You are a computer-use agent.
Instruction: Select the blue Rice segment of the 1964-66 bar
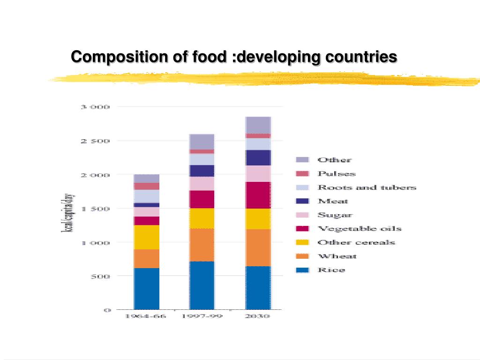(147, 288)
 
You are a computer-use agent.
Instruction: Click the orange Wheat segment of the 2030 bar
(258, 247)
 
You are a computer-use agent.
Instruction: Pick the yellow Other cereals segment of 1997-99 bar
(202, 218)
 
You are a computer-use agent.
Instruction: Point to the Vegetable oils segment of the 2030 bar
(258, 195)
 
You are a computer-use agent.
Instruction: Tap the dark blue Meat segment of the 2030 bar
(258, 158)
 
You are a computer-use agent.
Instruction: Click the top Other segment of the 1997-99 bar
(202, 142)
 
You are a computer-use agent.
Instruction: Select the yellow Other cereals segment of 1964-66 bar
(147, 237)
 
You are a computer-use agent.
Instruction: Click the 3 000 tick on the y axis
(95, 107)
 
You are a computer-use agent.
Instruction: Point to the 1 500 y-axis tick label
(95, 209)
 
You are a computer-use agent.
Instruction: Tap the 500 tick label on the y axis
(100, 276)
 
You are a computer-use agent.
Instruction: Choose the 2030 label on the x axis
(258, 316)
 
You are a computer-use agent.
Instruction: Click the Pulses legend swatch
(303, 173)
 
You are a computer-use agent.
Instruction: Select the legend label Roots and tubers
(367, 187)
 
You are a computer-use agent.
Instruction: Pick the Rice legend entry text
(331, 270)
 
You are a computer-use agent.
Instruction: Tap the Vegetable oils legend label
(359, 229)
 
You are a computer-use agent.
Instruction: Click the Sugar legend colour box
(303, 215)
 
